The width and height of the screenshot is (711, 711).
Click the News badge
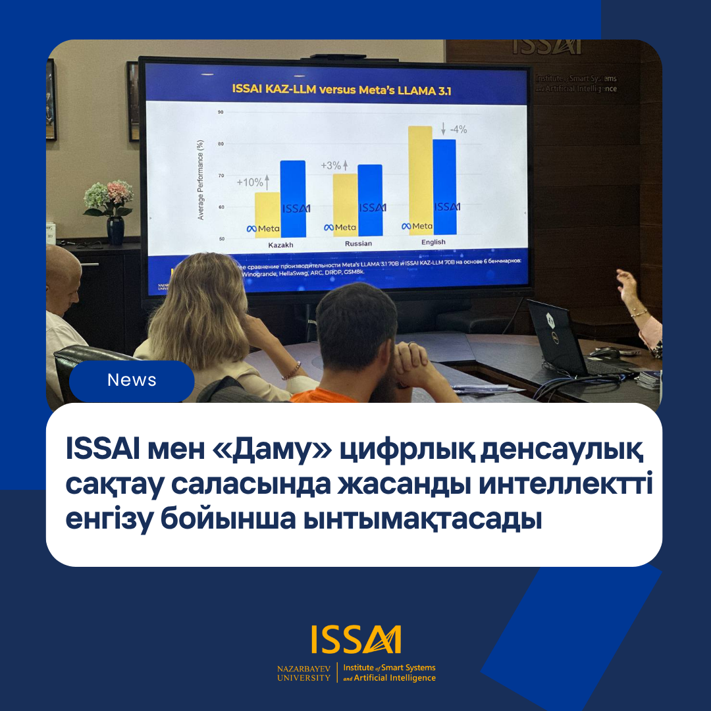click(x=132, y=381)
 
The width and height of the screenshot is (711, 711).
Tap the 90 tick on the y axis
click(x=221, y=113)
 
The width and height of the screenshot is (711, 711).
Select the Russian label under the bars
click(x=357, y=244)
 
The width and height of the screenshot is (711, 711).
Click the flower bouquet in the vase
click(x=109, y=197)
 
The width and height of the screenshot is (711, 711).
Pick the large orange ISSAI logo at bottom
click(x=355, y=640)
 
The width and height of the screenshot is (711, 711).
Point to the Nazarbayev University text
click(x=303, y=673)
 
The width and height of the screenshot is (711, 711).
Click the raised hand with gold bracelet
click(x=627, y=286)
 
